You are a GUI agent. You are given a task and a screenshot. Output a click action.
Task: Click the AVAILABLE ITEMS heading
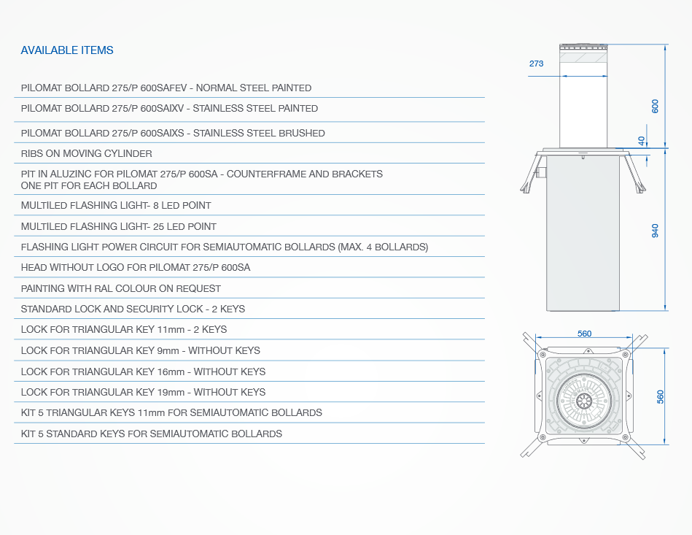67,50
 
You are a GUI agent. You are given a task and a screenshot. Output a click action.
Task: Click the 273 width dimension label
536,63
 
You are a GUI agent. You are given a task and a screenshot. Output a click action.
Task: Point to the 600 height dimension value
655,106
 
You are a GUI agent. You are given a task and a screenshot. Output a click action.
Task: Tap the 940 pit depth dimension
655,231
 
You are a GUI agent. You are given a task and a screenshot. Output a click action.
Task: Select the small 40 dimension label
641,140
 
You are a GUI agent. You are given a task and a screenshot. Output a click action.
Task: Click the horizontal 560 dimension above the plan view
584,334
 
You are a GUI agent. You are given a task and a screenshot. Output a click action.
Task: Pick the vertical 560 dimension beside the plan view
660,397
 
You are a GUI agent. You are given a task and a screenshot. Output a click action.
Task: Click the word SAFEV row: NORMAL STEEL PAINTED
254,88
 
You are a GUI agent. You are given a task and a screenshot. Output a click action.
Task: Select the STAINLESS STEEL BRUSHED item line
173,133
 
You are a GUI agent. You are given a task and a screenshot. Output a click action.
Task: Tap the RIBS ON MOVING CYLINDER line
87,154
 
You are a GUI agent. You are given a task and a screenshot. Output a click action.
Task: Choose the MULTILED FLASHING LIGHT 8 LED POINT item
116,205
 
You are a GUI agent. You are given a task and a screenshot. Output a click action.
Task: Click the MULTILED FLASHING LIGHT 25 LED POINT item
119,227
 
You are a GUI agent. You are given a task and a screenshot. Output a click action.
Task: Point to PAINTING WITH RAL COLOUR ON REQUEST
121,288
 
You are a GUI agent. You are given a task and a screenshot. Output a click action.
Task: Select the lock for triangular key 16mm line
144,372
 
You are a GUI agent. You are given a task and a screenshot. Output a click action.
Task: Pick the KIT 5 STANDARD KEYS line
152,434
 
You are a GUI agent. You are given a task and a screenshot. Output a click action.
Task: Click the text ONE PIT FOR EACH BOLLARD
89,185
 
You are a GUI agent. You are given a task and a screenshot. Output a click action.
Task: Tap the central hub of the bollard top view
584,401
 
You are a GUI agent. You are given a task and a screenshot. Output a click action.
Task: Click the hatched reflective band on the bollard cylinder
583,58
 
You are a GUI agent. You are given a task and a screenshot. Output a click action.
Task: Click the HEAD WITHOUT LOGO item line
136,268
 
